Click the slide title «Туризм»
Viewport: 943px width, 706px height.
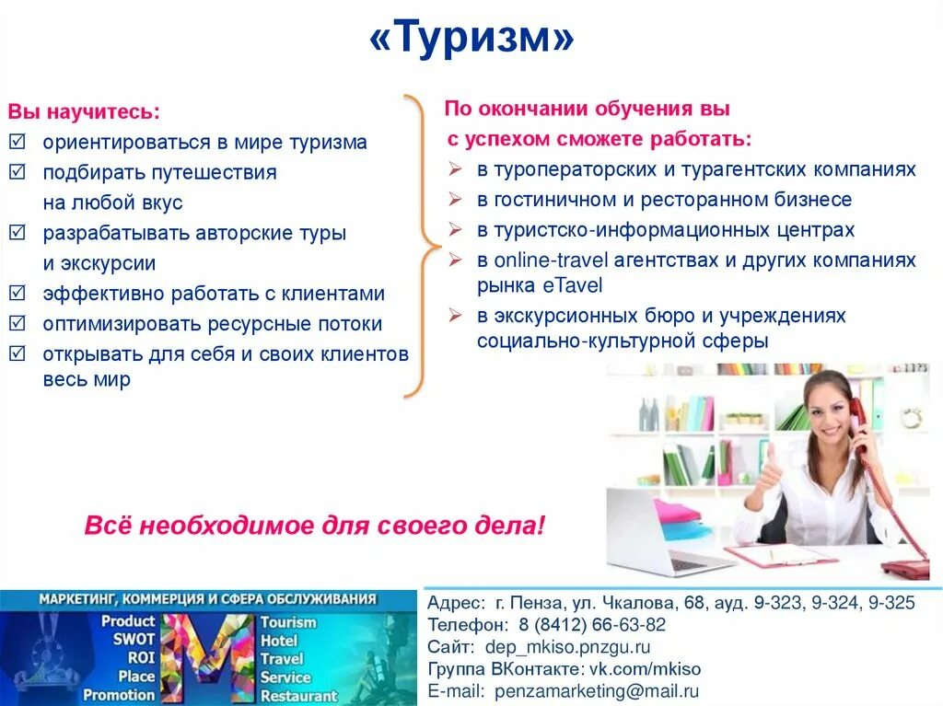coord(471,40)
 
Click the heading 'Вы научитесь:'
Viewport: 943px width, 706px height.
coord(85,111)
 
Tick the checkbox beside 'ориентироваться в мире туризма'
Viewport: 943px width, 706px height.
coord(17,142)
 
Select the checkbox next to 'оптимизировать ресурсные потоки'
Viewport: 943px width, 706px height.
coord(17,324)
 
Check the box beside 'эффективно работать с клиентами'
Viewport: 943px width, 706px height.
coord(17,294)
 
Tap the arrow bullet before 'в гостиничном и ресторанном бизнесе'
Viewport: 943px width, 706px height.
coord(455,199)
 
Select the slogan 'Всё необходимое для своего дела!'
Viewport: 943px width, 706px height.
coord(315,526)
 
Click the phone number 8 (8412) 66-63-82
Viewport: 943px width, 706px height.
coord(598,624)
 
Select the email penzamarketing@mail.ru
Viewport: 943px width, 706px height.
coord(597,690)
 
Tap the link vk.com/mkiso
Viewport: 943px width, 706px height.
coord(645,668)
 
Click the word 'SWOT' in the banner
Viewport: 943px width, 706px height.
coord(134,640)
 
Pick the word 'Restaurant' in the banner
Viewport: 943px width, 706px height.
coord(298,696)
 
